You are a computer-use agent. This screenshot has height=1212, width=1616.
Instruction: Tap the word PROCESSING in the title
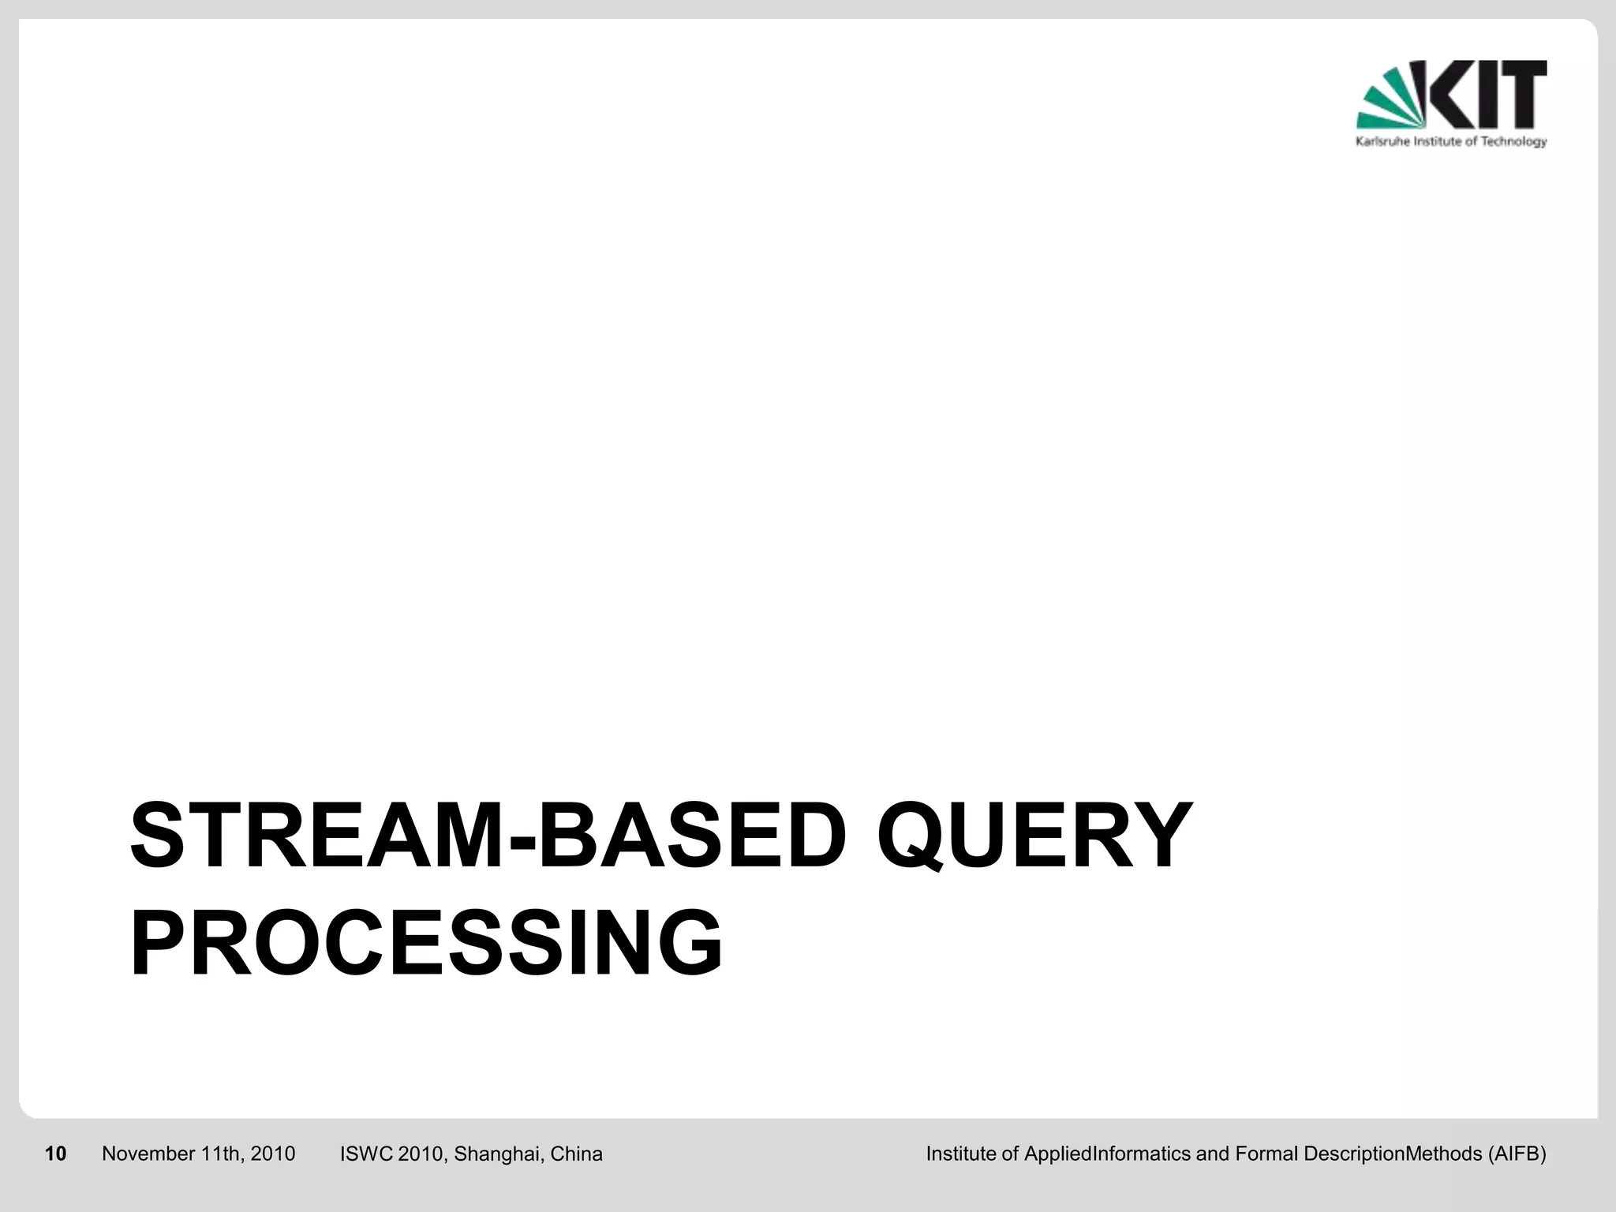[426, 944]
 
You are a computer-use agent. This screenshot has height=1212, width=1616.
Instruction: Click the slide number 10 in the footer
[56, 1154]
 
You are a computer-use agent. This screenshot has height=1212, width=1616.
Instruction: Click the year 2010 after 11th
[273, 1154]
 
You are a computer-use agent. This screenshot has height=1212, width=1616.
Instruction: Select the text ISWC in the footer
[366, 1154]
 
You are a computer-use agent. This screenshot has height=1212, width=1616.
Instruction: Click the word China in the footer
[576, 1154]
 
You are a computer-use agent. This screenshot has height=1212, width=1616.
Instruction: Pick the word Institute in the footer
[961, 1154]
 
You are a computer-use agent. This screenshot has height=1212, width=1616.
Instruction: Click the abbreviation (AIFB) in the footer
[1517, 1154]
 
